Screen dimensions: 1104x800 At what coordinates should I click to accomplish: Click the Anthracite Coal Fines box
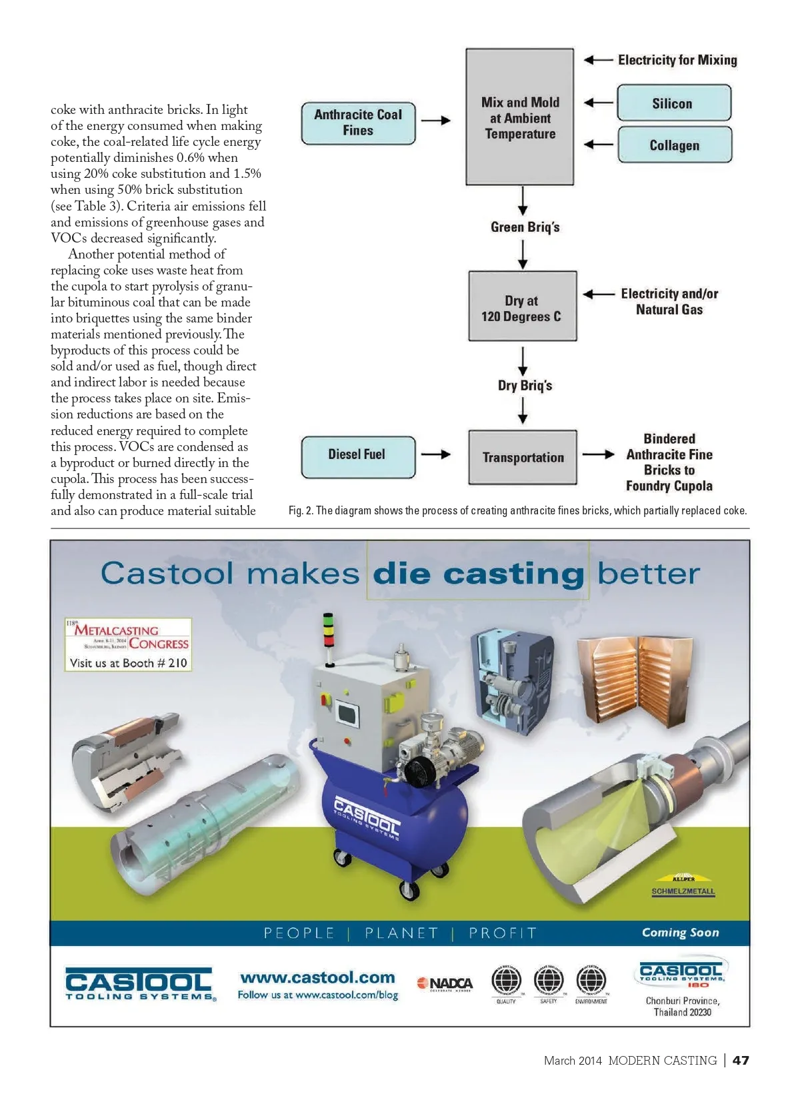(x=358, y=123)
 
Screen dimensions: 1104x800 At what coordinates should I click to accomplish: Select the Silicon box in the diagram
(x=673, y=103)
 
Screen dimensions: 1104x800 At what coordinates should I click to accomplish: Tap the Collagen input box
(x=674, y=145)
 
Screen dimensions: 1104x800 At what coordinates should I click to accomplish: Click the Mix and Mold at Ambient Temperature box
(x=520, y=117)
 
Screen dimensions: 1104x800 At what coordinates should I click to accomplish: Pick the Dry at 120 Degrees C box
(x=522, y=306)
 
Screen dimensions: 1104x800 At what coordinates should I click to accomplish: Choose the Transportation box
(x=523, y=457)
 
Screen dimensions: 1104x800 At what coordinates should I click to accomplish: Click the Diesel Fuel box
(x=357, y=456)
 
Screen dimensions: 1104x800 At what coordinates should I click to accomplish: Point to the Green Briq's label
(x=525, y=227)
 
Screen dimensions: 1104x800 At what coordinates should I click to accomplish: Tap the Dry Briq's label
(x=525, y=385)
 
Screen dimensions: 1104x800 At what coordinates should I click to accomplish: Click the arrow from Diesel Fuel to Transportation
(x=436, y=454)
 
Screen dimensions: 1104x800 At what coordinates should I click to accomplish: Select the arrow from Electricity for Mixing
(x=598, y=60)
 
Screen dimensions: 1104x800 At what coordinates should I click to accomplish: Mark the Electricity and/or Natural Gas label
(x=669, y=301)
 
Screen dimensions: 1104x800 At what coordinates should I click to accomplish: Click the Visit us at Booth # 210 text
(x=128, y=663)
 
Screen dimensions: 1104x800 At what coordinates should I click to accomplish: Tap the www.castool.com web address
(x=317, y=977)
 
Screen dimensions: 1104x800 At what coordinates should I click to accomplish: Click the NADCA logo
(x=445, y=983)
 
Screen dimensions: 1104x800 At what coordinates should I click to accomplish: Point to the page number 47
(x=741, y=1060)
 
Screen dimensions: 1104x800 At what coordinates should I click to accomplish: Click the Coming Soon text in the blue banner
(x=680, y=932)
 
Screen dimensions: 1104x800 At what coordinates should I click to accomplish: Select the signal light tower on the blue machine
(x=328, y=639)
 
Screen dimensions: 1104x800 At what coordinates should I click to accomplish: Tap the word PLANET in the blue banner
(x=401, y=933)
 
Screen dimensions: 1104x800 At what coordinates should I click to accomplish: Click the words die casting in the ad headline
(x=478, y=574)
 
